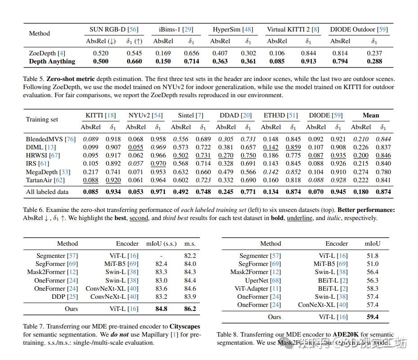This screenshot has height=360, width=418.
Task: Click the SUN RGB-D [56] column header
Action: point(114,30)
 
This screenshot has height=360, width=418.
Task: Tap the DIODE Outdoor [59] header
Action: point(359,30)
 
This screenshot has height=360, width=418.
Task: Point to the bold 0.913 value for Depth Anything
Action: point(308,61)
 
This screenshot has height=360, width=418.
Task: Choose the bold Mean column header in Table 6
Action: point(371,115)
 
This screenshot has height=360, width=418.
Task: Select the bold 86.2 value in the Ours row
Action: point(190,309)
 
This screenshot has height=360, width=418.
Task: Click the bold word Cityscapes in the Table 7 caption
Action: point(185,326)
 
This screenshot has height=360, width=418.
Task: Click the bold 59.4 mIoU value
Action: point(373,317)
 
